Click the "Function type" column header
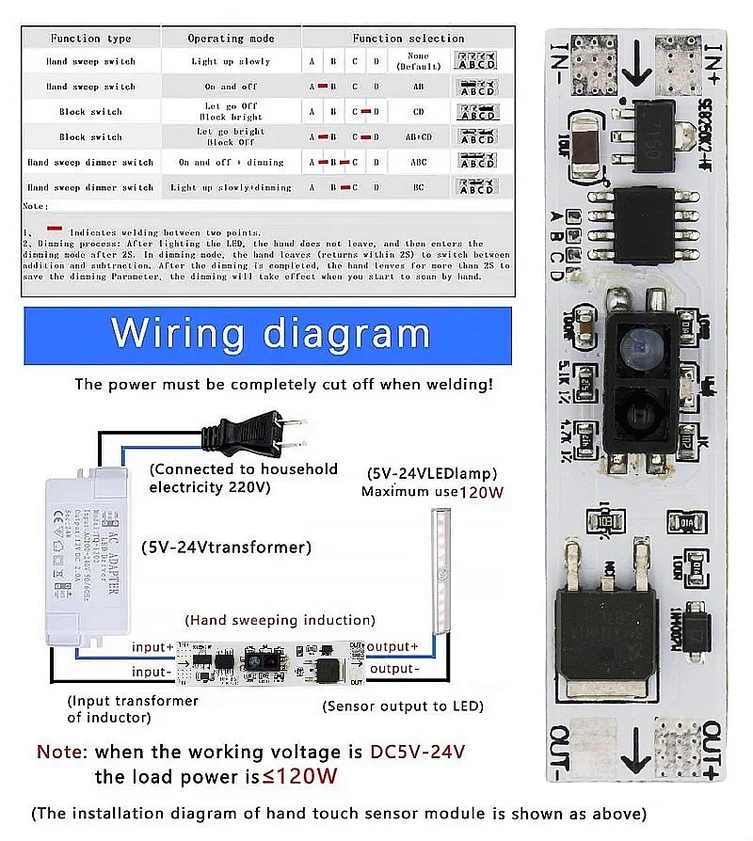(x=90, y=39)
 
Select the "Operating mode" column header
(x=231, y=39)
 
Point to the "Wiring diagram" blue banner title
(x=269, y=334)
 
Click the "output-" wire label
(x=392, y=669)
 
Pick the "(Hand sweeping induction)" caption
(x=280, y=620)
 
